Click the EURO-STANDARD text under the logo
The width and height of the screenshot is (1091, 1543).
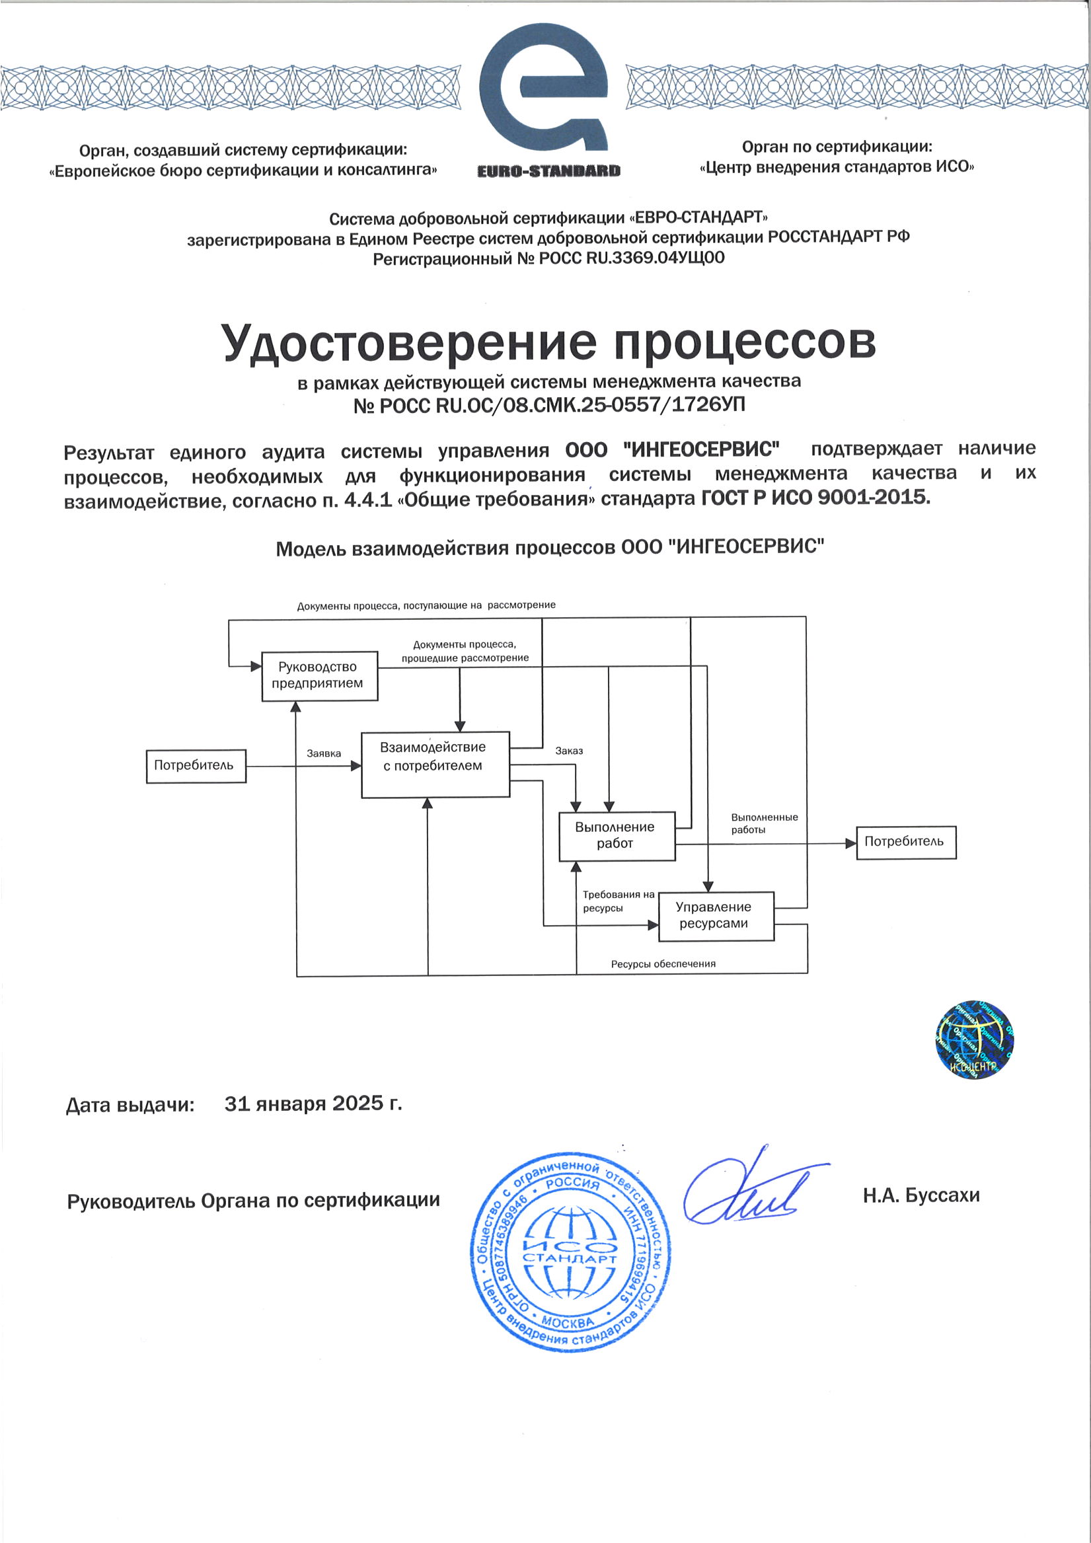548,170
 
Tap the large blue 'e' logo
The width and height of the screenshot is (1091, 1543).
544,87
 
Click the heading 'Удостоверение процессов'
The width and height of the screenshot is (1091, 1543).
548,342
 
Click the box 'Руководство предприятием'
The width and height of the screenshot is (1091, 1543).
319,675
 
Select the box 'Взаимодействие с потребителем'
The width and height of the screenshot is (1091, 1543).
435,764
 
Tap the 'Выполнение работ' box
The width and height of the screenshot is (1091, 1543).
617,835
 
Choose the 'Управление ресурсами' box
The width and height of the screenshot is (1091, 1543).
715,915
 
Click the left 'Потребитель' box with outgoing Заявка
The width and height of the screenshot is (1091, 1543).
196,765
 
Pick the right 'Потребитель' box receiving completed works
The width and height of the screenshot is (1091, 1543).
905,842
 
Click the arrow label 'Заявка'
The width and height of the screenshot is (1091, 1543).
323,753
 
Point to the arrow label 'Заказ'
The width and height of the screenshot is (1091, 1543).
569,751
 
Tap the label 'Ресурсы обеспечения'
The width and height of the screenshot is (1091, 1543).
663,963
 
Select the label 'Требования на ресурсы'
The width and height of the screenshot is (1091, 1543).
617,901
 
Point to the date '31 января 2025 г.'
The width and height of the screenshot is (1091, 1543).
313,1104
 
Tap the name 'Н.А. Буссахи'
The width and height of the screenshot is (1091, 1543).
921,1195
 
